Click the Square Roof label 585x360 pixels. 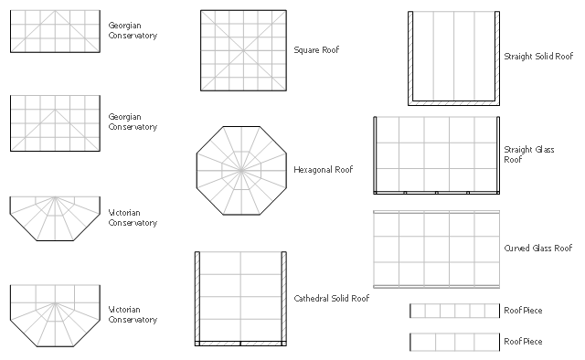(x=316, y=50)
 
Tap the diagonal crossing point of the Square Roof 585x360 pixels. (x=243, y=50)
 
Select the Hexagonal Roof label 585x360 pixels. (x=323, y=170)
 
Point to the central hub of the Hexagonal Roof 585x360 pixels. (x=241, y=171)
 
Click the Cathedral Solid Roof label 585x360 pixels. (x=331, y=299)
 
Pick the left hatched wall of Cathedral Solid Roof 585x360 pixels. (x=197, y=297)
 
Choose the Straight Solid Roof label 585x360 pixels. (x=538, y=57)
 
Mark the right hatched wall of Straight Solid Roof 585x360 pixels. (x=497, y=57)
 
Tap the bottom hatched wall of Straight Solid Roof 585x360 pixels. (x=453, y=103)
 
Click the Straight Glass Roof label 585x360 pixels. (x=529, y=154)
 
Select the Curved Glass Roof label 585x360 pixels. (x=538, y=249)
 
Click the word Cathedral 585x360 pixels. (x=311, y=299)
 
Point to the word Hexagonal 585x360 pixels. (x=313, y=170)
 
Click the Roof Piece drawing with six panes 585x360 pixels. (x=455, y=311)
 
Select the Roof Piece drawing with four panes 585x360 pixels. (x=455, y=342)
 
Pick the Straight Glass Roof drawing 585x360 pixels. (x=437, y=155)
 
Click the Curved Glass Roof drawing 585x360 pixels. (x=437, y=249)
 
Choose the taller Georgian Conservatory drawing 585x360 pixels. (x=55, y=123)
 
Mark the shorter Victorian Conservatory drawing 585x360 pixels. (x=55, y=218)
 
